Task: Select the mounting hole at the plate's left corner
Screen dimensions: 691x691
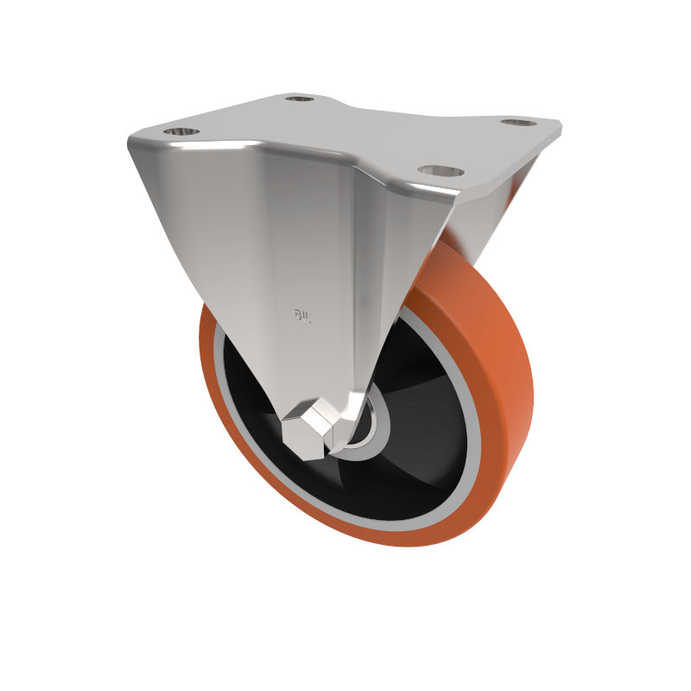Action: pyautogui.click(x=180, y=133)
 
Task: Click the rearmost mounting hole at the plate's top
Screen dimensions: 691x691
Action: pyautogui.click(x=300, y=99)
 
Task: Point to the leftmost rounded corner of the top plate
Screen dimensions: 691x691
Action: pyautogui.click(x=131, y=143)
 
